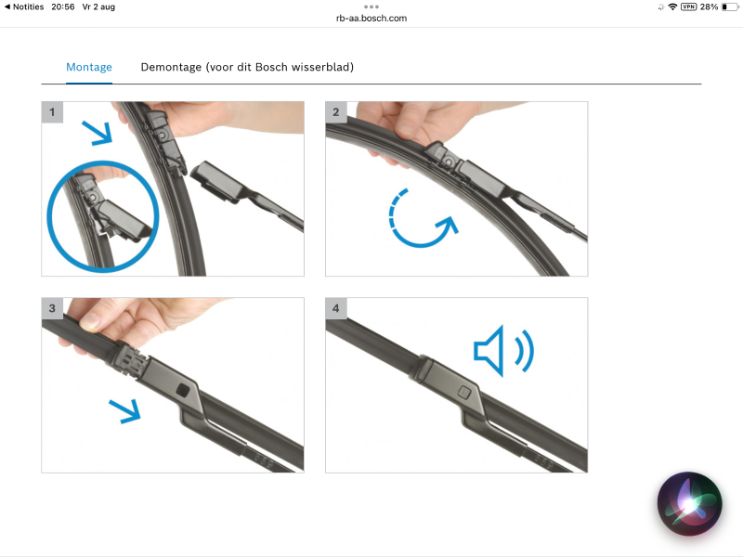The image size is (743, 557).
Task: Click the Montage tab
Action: point(89,67)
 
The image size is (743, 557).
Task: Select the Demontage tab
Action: point(247,67)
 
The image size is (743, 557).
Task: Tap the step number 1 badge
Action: point(52,112)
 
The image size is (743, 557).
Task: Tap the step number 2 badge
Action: point(336,112)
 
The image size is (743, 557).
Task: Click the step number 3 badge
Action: point(52,308)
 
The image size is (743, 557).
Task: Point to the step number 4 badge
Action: point(336,308)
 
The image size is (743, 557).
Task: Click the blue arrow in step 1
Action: point(98,133)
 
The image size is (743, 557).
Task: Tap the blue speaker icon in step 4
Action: point(503,351)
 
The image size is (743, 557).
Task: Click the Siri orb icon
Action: point(690,503)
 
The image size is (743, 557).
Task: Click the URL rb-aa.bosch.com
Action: point(371,19)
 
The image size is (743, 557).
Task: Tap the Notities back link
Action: point(24,7)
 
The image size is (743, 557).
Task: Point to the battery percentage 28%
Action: point(709,7)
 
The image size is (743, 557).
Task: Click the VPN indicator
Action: point(688,6)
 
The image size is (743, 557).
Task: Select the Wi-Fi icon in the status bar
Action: point(672,7)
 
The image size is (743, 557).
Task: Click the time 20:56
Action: point(63,7)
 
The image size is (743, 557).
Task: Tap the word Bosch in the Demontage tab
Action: point(271,67)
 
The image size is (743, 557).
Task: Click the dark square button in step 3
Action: point(183,391)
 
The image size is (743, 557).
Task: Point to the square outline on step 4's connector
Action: point(464,392)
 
